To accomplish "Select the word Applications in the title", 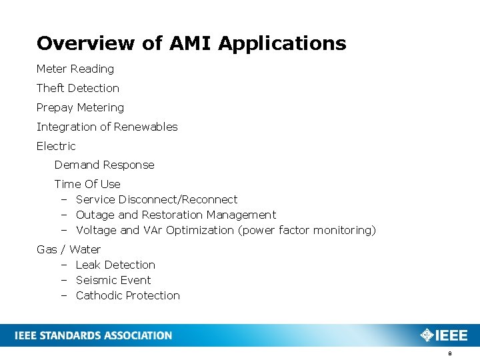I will (x=282, y=44).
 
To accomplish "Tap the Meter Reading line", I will (x=75, y=69).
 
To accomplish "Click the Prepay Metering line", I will (x=80, y=107).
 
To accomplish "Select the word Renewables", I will (x=145, y=127).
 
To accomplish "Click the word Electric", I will (x=56, y=146).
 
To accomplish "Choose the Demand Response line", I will (x=104, y=165).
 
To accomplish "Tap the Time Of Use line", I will (x=87, y=184).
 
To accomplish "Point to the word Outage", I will (x=95, y=215).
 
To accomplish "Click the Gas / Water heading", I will (x=69, y=249).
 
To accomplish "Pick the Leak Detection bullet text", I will (x=115, y=265).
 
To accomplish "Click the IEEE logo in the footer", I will (x=444, y=335).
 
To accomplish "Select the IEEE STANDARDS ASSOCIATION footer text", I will (x=93, y=335).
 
